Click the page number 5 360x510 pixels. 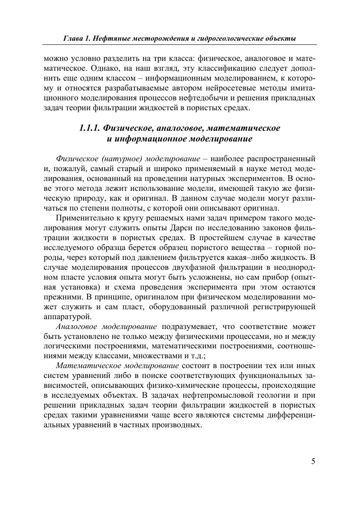[x=313, y=461]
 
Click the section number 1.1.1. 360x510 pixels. [x=90, y=128]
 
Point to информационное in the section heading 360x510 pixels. [x=149, y=139]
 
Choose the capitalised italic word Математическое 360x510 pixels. [x=85, y=366]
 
